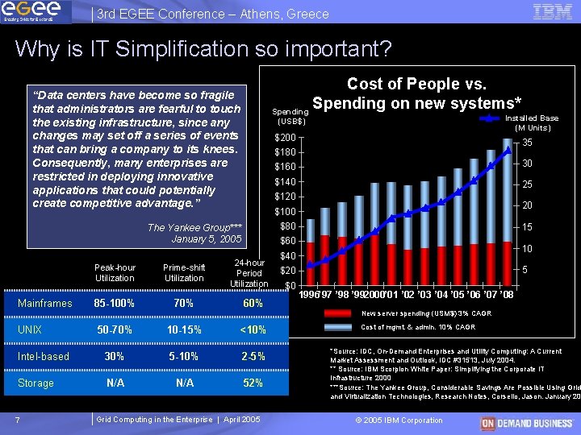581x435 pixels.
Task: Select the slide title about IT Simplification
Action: (203, 49)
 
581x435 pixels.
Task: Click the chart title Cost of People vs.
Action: (416, 84)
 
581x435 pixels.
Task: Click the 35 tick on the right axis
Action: (528, 143)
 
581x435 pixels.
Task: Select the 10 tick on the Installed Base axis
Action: (528, 249)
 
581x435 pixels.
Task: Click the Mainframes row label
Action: (44, 304)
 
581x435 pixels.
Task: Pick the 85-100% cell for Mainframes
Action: (115, 304)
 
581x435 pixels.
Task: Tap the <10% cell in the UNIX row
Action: (253, 330)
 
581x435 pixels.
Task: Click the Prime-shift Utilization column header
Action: (184, 273)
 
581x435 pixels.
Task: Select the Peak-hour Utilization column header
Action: (115, 273)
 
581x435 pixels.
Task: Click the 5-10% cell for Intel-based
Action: (184, 357)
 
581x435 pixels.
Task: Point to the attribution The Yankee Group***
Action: (194, 228)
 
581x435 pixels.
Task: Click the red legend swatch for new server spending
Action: (338, 313)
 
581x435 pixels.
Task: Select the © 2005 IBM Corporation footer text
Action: (399, 420)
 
